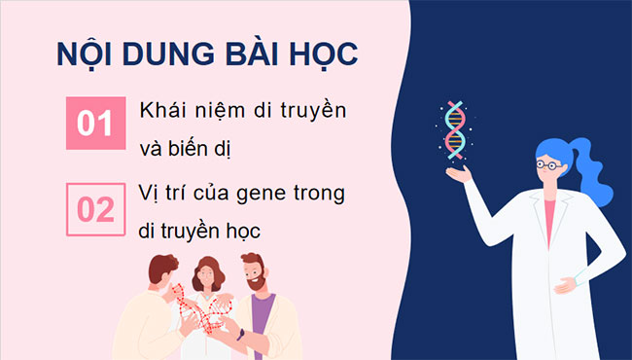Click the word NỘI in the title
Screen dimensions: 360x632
81,55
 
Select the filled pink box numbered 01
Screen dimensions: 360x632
95,124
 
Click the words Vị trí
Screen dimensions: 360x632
161,194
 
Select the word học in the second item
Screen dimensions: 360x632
267,233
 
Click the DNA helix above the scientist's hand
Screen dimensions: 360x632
454,130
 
